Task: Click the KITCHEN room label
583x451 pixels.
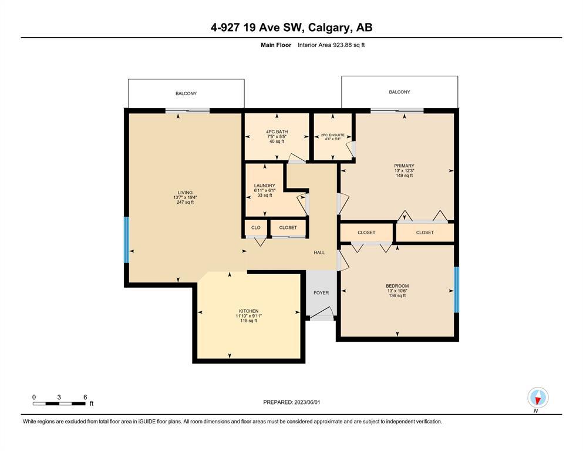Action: tap(249, 311)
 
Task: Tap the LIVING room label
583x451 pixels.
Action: tap(185, 193)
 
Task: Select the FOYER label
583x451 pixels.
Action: tap(321, 292)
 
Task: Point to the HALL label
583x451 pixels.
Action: tap(319, 253)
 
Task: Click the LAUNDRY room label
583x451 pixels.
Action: tap(265, 186)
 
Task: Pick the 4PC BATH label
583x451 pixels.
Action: tap(277, 132)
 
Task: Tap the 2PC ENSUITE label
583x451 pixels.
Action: tap(333, 135)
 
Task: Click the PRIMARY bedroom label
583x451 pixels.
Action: tap(404, 166)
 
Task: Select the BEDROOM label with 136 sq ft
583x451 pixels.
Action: tap(397, 286)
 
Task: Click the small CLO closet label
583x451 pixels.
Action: tap(256, 227)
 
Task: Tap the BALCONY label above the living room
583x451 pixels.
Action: tap(186, 93)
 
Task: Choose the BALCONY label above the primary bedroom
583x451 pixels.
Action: tap(400, 92)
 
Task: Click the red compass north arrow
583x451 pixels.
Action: tap(537, 400)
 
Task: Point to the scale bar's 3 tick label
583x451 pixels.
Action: tap(59, 397)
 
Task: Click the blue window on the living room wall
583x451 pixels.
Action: tap(126, 240)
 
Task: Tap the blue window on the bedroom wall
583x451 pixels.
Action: tap(457, 290)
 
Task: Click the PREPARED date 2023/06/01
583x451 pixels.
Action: tap(307, 402)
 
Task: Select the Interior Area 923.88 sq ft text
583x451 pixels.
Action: tap(331, 45)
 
